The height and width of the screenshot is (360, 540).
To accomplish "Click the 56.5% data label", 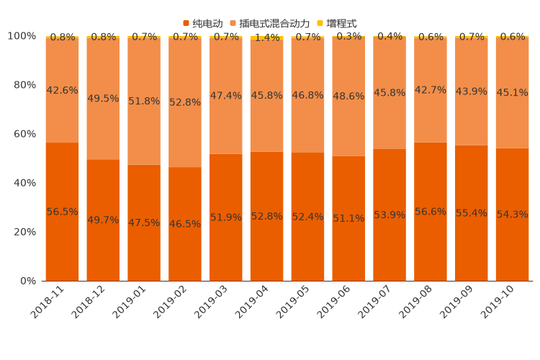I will click(62, 212).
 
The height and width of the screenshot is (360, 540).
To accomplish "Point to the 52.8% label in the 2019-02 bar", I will click(185, 102).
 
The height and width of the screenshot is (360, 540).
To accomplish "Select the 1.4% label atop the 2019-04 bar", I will click(267, 38).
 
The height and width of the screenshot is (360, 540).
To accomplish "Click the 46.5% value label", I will click(185, 224).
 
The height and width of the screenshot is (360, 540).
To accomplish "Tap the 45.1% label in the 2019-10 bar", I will click(512, 92).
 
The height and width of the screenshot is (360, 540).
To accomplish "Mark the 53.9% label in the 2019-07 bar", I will click(390, 215).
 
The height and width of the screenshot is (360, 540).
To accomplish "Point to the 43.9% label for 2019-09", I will click(472, 91).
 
